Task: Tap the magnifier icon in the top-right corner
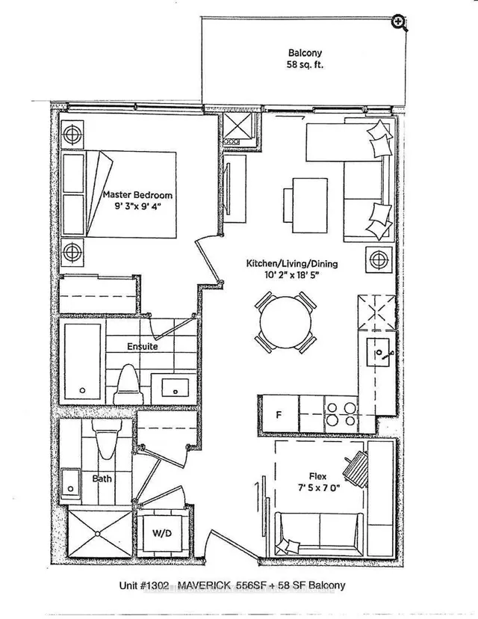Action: [x=398, y=22]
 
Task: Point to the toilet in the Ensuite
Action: [x=128, y=381]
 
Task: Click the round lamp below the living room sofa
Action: [x=377, y=260]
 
